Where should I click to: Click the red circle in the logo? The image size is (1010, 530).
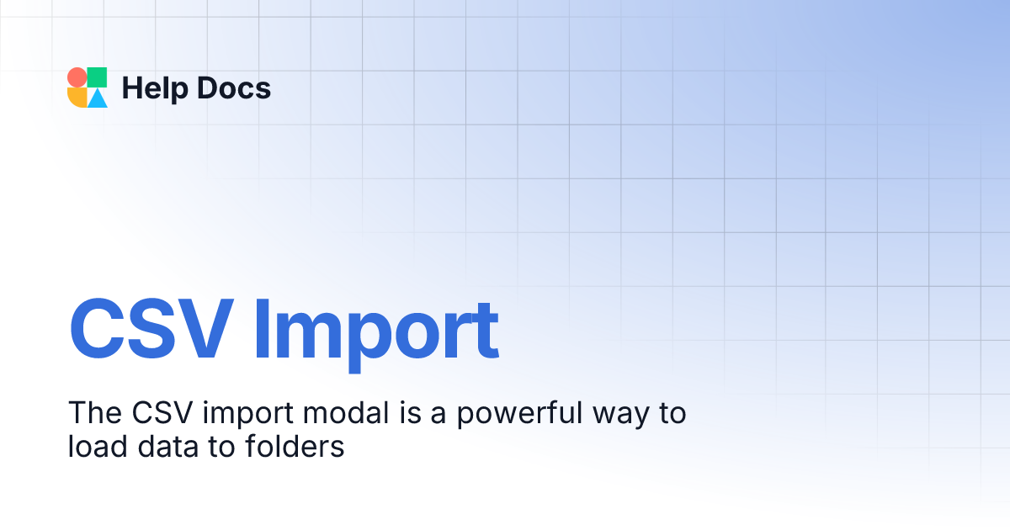pos(77,77)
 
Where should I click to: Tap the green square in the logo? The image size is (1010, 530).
pos(98,77)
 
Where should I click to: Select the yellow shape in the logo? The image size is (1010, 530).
pos(77,98)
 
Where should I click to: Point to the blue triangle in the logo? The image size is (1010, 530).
pos(98,98)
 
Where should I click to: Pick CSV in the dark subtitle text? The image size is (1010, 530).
pos(154,413)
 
